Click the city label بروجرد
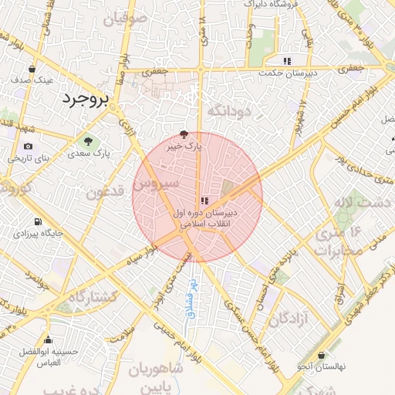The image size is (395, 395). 83,100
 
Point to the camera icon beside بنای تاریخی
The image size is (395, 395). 29,146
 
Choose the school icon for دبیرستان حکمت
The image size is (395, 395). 287,60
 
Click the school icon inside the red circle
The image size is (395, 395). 204,201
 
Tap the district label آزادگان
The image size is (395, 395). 283,318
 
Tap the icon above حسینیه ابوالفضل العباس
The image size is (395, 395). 49,339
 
